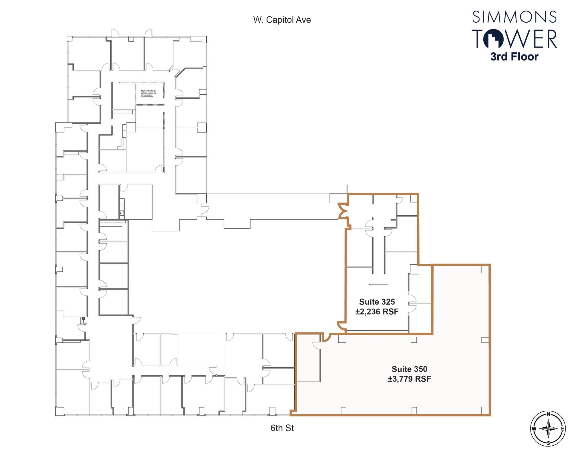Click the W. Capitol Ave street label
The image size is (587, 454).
(282, 20)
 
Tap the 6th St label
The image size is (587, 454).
(282, 428)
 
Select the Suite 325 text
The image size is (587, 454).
(377, 302)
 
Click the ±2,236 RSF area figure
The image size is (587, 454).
(377, 311)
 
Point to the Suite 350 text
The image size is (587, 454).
(410, 369)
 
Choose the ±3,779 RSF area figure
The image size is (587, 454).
(410, 379)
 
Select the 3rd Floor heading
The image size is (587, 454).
(514, 57)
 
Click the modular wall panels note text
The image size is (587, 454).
(148, 94)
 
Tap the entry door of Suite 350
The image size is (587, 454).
(326, 338)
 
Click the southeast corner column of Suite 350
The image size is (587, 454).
(485, 411)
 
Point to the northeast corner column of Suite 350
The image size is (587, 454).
(485, 269)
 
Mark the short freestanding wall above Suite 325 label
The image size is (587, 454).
(378, 284)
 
